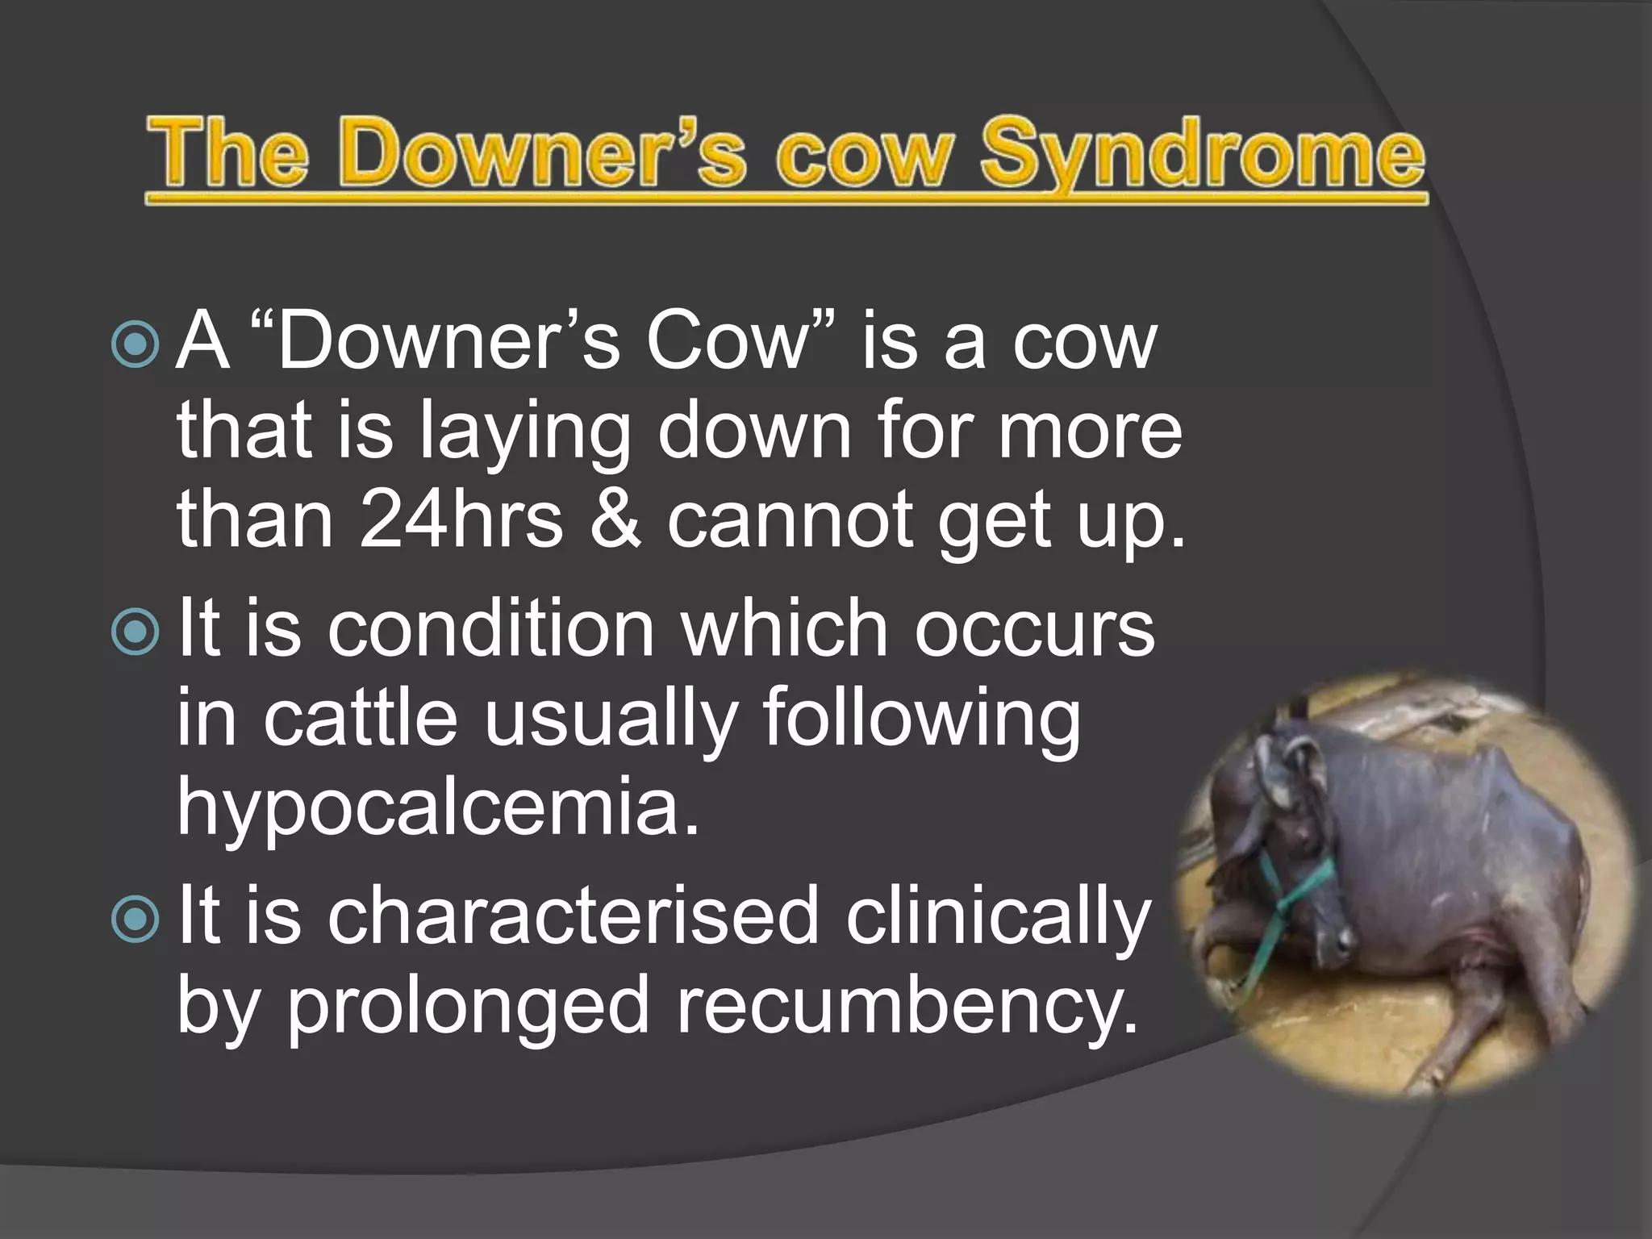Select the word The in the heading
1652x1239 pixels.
[227, 153]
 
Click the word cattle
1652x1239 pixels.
[360, 718]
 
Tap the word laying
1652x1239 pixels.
[524, 432]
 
